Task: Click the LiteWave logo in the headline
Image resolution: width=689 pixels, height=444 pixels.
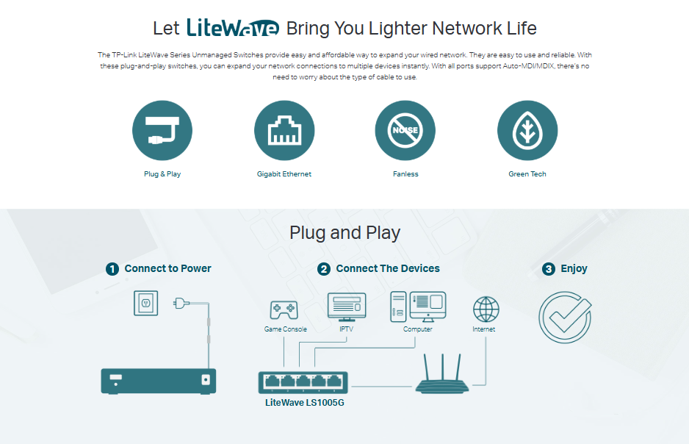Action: (x=233, y=28)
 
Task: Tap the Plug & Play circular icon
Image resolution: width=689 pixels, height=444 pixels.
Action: (x=162, y=131)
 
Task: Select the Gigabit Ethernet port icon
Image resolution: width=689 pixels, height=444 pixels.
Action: (x=284, y=131)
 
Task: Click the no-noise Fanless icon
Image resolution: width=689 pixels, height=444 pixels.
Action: (x=405, y=131)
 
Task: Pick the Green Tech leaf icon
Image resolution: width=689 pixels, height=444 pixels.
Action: (x=527, y=131)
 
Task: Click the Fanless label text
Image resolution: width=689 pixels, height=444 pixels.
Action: (x=405, y=174)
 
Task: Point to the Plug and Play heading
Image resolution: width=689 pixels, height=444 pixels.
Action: (x=344, y=233)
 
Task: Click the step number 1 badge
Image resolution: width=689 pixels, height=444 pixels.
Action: (x=112, y=269)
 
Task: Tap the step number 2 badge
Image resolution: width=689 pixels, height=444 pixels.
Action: (x=324, y=269)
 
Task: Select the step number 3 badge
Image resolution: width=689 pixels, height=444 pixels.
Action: (x=549, y=269)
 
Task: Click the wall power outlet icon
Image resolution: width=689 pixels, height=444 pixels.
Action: (x=145, y=302)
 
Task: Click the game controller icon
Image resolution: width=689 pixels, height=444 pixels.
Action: (x=284, y=309)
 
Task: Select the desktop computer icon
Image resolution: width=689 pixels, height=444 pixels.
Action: (x=418, y=307)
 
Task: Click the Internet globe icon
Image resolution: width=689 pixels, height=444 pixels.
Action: (x=486, y=309)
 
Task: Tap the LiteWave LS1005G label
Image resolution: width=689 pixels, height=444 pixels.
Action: (x=304, y=403)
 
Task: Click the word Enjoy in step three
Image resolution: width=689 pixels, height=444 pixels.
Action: (x=574, y=269)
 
